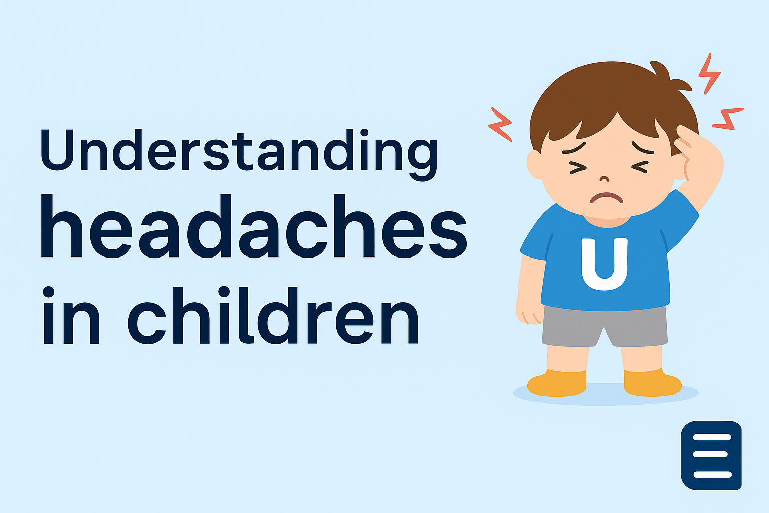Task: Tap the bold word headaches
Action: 253,228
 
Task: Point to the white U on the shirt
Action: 604,264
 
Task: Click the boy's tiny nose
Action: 605,179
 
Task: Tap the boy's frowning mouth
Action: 606,197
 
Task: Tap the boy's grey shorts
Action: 604,326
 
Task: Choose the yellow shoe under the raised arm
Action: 652,383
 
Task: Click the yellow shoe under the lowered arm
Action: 557,383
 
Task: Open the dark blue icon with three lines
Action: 711,455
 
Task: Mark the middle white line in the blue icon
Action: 711,455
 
